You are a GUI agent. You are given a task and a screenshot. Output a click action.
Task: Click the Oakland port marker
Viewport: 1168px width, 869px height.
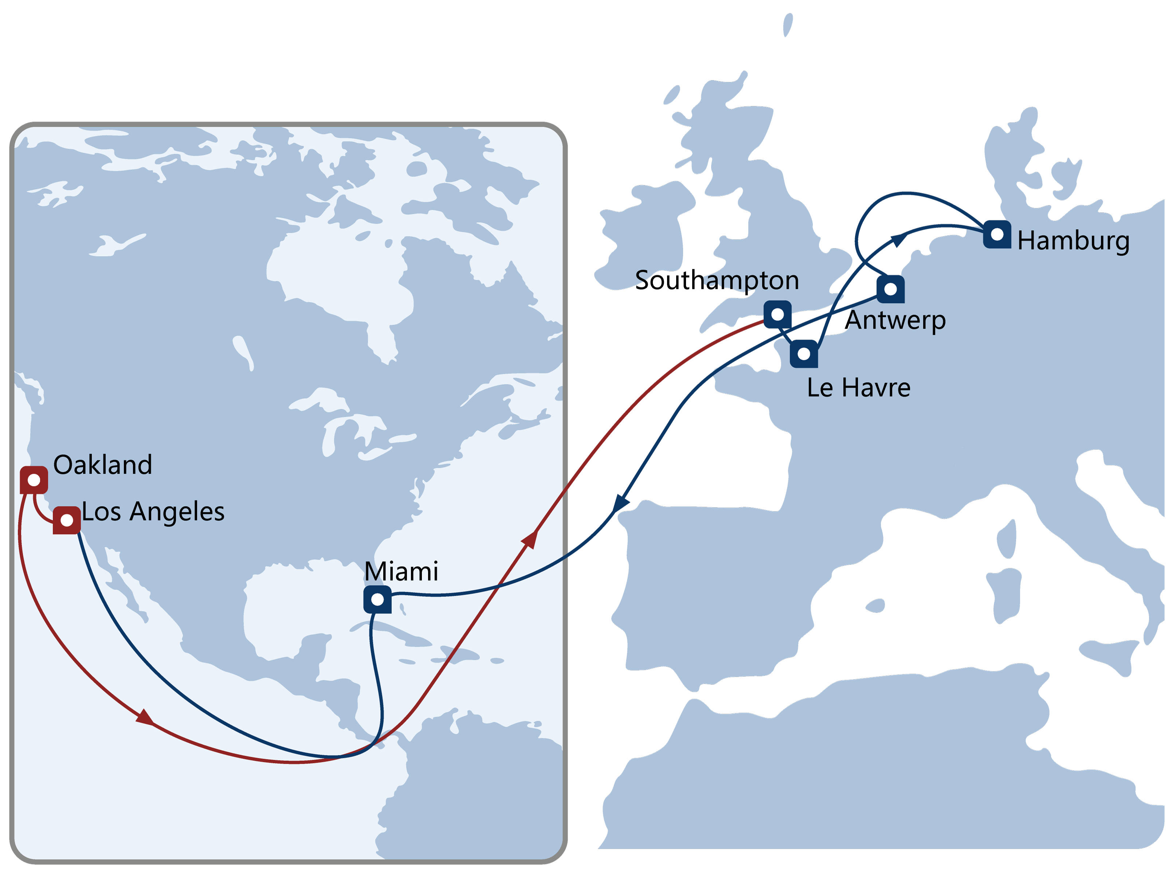[x=34, y=480]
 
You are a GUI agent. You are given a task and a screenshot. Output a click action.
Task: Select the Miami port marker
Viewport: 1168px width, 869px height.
[x=377, y=599]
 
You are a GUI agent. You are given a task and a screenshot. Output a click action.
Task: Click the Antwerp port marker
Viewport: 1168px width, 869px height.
[x=890, y=289]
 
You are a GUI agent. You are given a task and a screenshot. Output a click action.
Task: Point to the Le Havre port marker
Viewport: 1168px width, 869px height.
[x=804, y=353]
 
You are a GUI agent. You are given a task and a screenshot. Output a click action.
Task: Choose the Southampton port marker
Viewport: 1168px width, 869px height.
[x=777, y=314]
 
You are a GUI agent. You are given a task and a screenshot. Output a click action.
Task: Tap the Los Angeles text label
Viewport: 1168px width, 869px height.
[x=153, y=512]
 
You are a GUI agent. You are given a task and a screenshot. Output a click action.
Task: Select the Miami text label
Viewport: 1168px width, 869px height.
[x=401, y=571]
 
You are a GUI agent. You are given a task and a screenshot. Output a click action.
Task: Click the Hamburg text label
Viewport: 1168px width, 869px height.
[x=1073, y=241]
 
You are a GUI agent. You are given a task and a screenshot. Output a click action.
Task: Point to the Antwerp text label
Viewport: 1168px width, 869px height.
[x=897, y=320]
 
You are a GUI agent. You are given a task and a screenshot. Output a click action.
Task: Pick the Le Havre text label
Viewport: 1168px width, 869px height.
[x=858, y=388]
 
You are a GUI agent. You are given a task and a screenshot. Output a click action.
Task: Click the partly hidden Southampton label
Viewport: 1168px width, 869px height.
[x=717, y=280]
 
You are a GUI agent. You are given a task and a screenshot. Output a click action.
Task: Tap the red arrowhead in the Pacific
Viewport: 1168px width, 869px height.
[x=145, y=717]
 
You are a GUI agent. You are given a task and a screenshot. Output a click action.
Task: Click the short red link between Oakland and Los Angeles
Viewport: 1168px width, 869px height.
[x=39, y=512]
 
